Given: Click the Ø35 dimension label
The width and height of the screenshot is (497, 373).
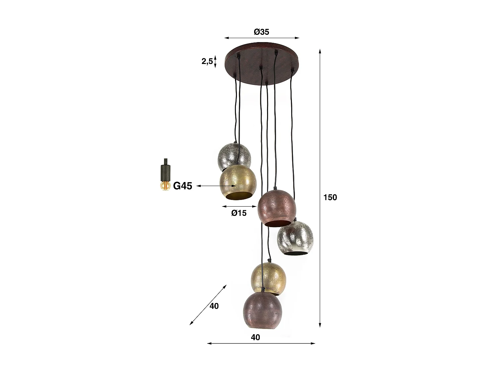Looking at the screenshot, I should (x=261, y=32).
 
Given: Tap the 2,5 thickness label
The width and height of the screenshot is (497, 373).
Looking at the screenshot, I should (x=207, y=61).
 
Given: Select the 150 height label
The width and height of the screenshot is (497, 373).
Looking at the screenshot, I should (x=330, y=197).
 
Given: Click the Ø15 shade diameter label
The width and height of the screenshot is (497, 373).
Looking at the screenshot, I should (x=239, y=213).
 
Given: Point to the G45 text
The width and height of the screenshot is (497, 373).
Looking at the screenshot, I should (x=183, y=186).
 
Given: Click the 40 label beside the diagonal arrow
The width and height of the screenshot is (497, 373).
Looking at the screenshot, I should (x=214, y=306).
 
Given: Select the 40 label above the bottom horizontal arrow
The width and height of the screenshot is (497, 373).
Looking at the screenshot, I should (x=255, y=337).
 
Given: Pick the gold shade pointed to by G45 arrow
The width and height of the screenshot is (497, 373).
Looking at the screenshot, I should (x=238, y=182).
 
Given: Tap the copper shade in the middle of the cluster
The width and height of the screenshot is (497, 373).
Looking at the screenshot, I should (x=277, y=207).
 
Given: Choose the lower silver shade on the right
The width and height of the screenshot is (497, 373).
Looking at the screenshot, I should (x=295, y=237).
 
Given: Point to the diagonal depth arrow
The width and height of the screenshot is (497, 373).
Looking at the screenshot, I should (x=208, y=305).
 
